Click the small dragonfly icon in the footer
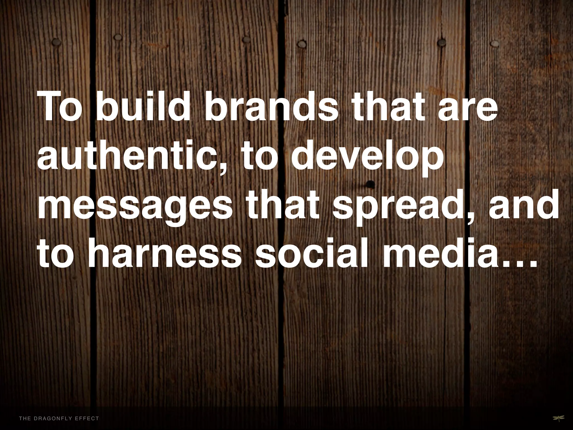point(551,418)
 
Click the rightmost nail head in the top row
point(495,43)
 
